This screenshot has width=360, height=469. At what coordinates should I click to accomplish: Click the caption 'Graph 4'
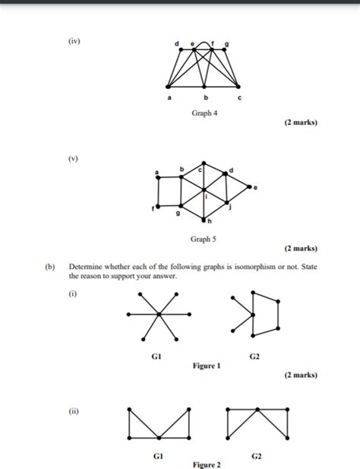pos(204,112)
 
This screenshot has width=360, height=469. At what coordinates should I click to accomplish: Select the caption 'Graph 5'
pos(204,239)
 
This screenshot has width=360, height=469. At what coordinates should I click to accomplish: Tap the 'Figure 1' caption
pos(207,365)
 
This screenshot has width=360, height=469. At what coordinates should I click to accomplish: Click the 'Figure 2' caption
pos(207,464)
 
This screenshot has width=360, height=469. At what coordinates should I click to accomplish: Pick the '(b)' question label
pos(50,268)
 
